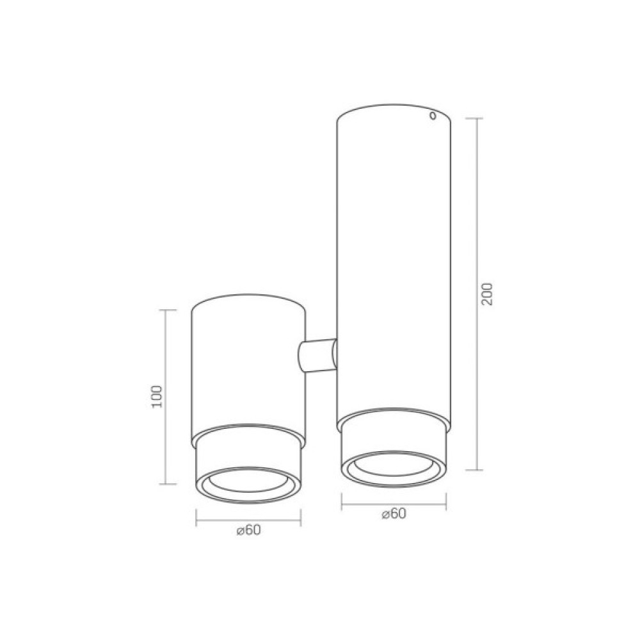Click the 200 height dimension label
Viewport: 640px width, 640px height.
[x=487, y=294]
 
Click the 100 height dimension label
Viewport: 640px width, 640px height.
[x=157, y=396]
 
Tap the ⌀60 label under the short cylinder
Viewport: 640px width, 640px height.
[x=248, y=530]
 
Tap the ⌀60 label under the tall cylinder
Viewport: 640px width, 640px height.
[x=394, y=513]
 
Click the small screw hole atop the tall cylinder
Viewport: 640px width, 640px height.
[x=433, y=116]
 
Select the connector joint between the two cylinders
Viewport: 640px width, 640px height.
[x=317, y=355]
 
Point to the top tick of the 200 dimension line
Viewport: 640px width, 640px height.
[x=475, y=118]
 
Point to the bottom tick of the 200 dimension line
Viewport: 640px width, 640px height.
[x=475, y=470]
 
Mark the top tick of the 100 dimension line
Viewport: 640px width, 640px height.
[x=168, y=310]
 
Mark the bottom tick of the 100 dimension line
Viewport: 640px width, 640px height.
[x=168, y=484]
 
